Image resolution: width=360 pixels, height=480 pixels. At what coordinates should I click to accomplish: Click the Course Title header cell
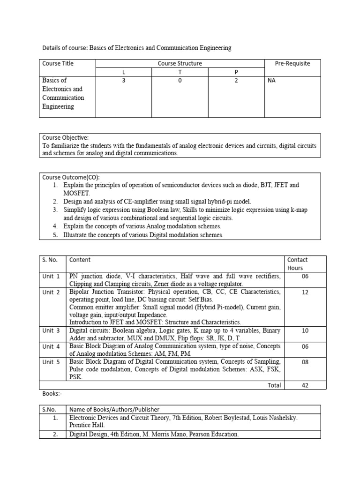(x=58, y=63)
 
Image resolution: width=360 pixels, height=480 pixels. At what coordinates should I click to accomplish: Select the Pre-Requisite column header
(x=292, y=63)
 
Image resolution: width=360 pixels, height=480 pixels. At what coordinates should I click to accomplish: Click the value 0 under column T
(x=180, y=81)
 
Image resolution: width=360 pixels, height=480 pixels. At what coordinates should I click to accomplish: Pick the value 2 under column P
(x=236, y=81)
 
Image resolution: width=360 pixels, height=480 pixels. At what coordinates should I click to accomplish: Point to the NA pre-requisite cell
(x=271, y=81)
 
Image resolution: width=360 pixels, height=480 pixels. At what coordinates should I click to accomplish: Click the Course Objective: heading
(x=65, y=138)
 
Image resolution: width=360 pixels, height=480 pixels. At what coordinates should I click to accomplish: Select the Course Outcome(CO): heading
(x=71, y=177)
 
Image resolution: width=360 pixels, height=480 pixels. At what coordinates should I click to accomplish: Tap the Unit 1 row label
(x=51, y=277)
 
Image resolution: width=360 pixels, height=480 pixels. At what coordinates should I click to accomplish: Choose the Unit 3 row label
(x=51, y=330)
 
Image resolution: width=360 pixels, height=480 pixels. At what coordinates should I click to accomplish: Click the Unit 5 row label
(x=51, y=362)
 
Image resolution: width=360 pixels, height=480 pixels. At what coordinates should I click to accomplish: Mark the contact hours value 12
(x=305, y=292)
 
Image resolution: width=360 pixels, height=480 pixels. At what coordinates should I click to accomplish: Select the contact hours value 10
(x=305, y=330)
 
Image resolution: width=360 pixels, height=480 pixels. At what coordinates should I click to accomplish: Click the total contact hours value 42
(x=305, y=385)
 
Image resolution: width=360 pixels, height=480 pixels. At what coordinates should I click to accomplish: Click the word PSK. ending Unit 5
(x=76, y=376)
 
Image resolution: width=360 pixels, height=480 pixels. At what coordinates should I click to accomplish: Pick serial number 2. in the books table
(x=55, y=435)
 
